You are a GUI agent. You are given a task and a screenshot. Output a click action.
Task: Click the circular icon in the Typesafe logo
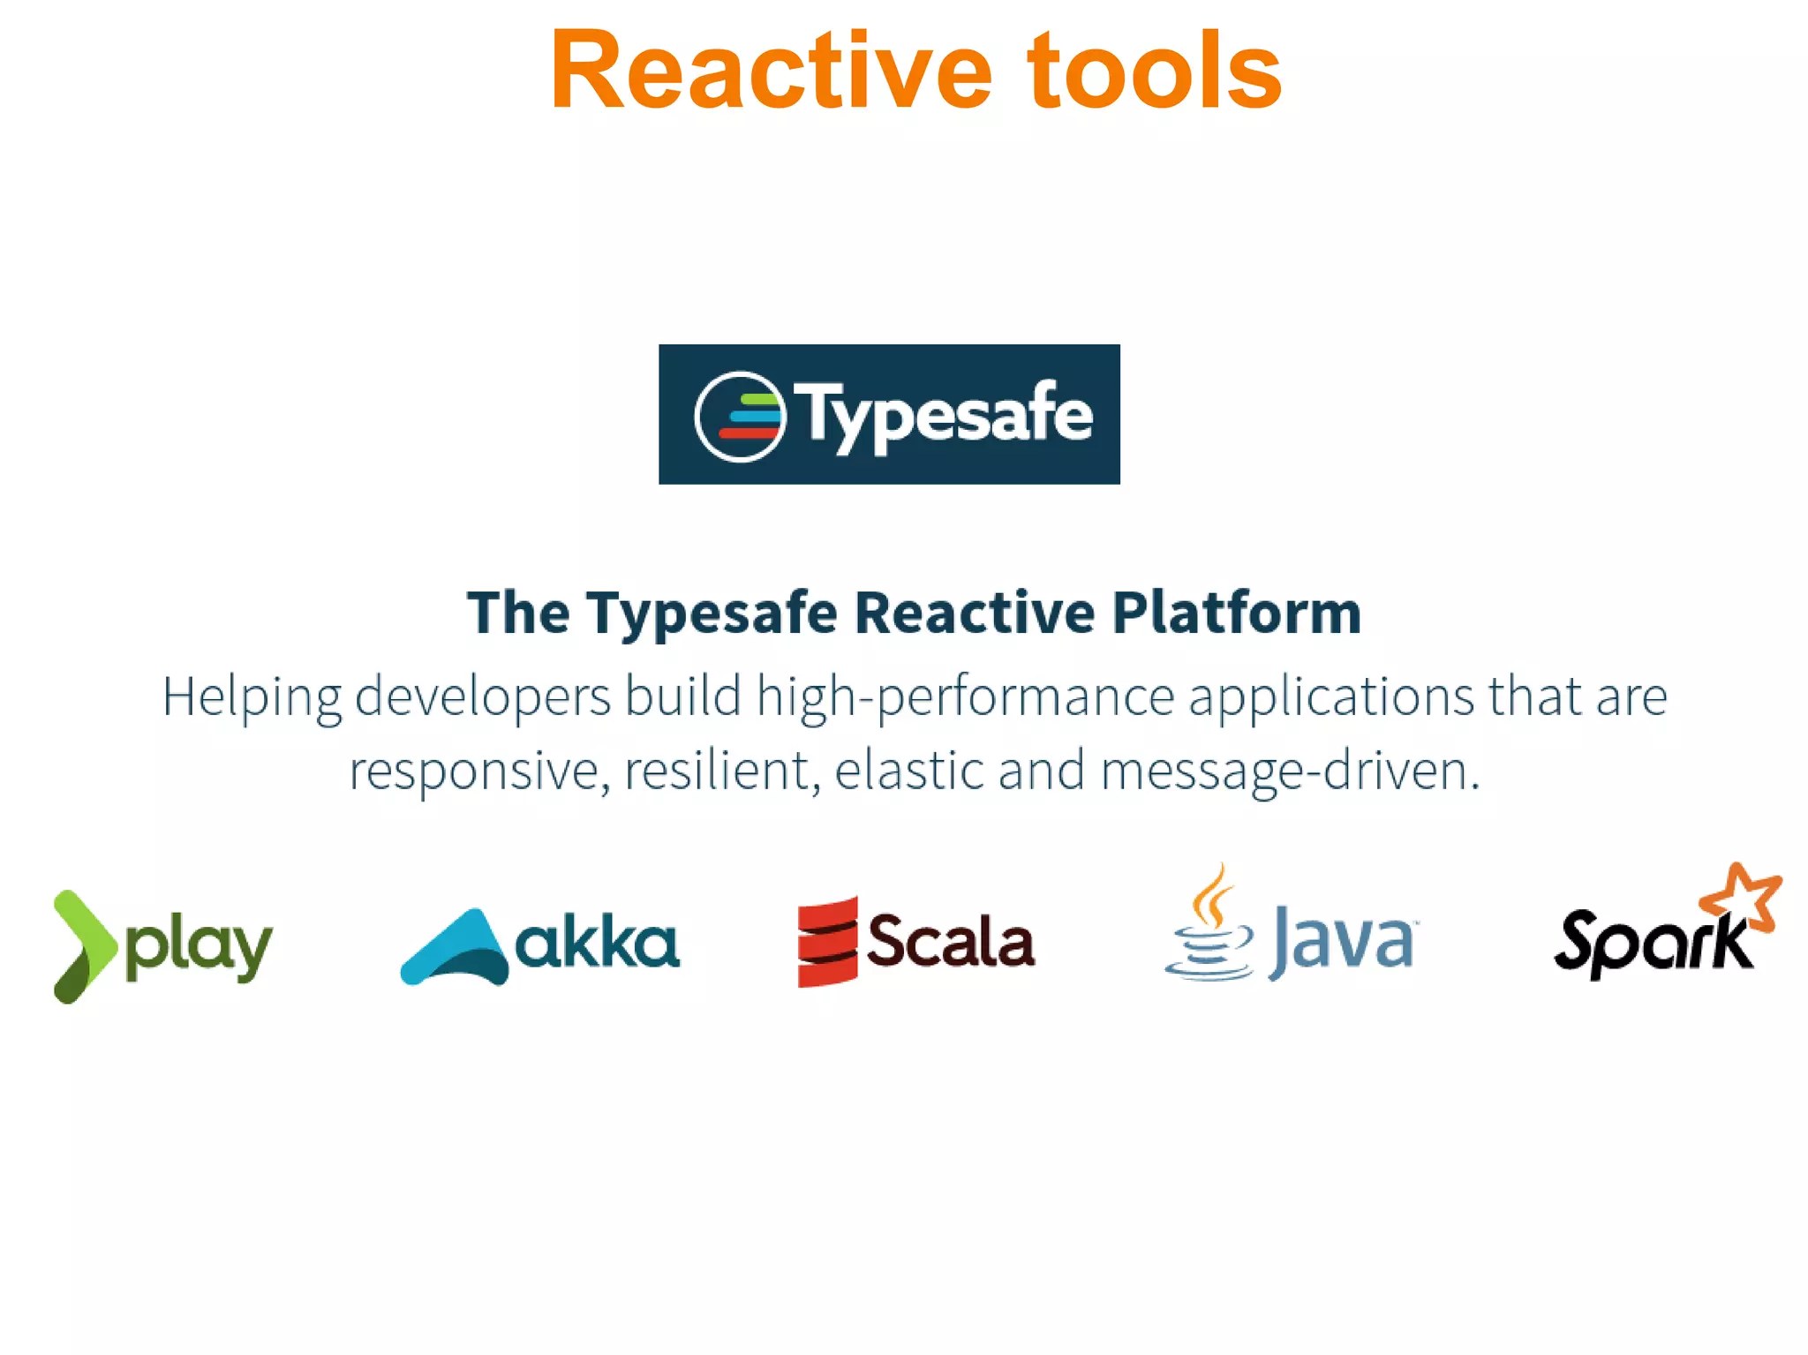pyautogui.click(x=740, y=417)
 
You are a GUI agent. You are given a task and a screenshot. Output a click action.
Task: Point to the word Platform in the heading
pyautogui.click(x=1236, y=613)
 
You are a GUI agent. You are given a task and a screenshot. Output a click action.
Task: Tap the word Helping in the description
pyautogui.click(x=252, y=697)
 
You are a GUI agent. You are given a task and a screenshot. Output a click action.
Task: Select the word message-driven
pyautogui.click(x=1290, y=771)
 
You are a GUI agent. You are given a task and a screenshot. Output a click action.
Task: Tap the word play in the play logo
pyautogui.click(x=199, y=948)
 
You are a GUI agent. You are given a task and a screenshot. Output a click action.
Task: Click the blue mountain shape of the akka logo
pyautogui.click(x=456, y=949)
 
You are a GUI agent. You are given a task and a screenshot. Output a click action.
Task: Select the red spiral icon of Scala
pyautogui.click(x=827, y=942)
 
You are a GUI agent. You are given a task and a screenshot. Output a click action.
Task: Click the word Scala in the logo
pyautogui.click(x=950, y=941)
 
